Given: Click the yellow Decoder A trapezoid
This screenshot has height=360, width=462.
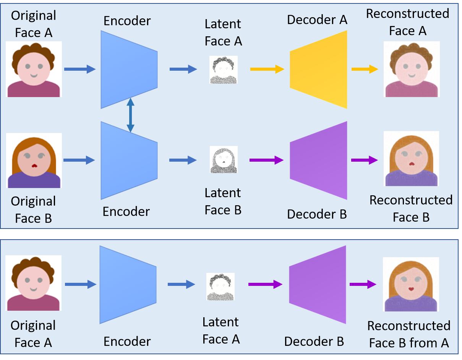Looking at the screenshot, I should (x=318, y=70).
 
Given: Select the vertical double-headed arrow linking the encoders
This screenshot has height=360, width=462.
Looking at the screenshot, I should (x=131, y=115).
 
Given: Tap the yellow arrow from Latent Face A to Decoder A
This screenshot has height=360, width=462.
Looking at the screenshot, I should (x=267, y=69).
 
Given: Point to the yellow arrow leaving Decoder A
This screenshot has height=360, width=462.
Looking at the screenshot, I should (x=365, y=69).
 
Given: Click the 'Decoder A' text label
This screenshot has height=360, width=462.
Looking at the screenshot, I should (x=317, y=20).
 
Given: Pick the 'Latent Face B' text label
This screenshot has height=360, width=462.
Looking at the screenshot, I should (x=223, y=201).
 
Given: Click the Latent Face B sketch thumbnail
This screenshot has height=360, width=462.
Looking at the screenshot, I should (x=224, y=160).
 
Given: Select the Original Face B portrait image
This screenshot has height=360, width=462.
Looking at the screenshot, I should (x=34, y=161).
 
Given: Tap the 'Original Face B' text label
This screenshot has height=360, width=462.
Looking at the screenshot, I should (x=33, y=210).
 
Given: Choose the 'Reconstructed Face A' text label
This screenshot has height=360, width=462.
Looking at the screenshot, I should (x=407, y=22).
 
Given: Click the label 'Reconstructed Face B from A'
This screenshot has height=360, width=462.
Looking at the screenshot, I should (x=409, y=334).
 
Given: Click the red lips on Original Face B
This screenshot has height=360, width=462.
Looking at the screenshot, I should (x=34, y=166).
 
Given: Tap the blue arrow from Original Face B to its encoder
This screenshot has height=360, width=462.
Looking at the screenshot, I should (x=79, y=160).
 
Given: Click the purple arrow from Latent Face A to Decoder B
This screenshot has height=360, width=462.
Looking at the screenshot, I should (x=265, y=284).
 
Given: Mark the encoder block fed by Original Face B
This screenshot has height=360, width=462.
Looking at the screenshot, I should (x=129, y=160).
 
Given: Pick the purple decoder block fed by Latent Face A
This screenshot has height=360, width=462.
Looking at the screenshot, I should (x=317, y=284).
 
